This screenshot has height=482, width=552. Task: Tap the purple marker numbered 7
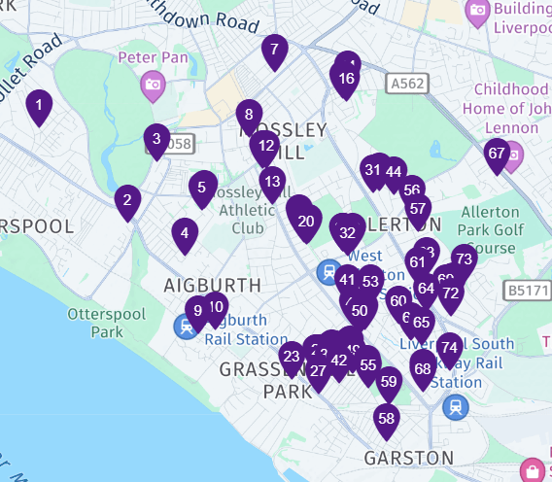pos(274,51)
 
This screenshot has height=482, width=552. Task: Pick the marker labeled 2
pos(126,202)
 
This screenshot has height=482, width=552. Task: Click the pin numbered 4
pos(185,234)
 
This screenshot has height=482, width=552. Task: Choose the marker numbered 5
pos(202,188)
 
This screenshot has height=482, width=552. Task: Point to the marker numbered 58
pos(387,420)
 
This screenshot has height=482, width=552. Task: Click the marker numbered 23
pos(291,358)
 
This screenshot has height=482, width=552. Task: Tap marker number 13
pos(272,183)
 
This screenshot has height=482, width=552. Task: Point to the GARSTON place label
pos(408,457)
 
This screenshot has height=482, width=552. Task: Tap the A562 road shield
pos(406,85)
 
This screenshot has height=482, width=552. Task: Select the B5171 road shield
pos(526,290)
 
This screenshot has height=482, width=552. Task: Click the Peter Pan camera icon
pos(153,85)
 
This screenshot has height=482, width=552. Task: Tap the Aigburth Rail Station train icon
pos(185,327)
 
